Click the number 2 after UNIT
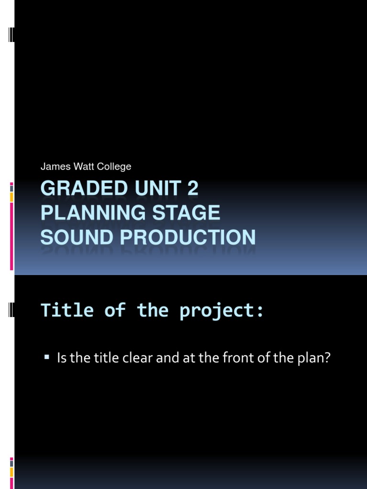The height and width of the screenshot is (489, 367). click(x=192, y=189)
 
